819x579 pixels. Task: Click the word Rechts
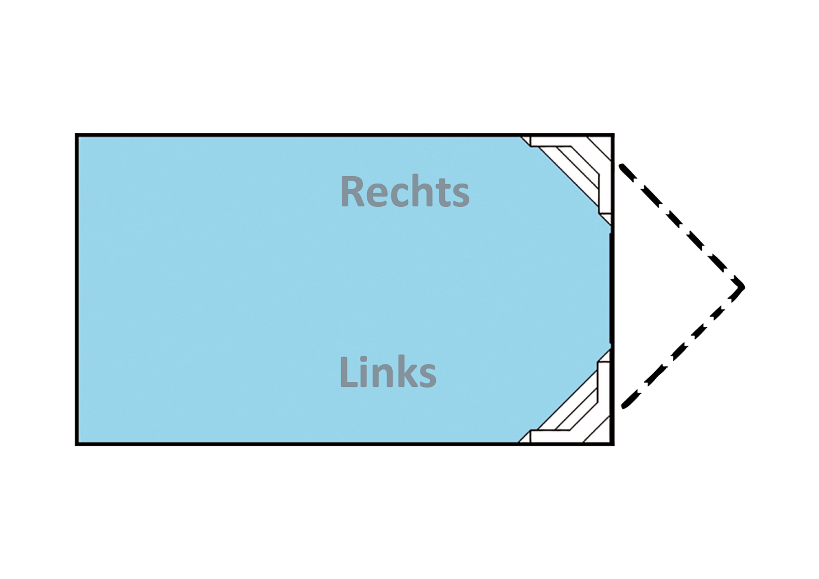click(x=405, y=191)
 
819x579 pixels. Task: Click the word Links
click(x=388, y=372)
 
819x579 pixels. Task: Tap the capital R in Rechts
click(x=352, y=191)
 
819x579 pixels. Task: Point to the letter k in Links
click(x=409, y=372)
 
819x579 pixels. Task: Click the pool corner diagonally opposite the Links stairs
click(x=75, y=134)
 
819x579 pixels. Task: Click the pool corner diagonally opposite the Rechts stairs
click(x=75, y=444)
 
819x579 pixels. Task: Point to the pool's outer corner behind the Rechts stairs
click(x=614, y=134)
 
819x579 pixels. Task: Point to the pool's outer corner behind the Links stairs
click(x=614, y=444)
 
